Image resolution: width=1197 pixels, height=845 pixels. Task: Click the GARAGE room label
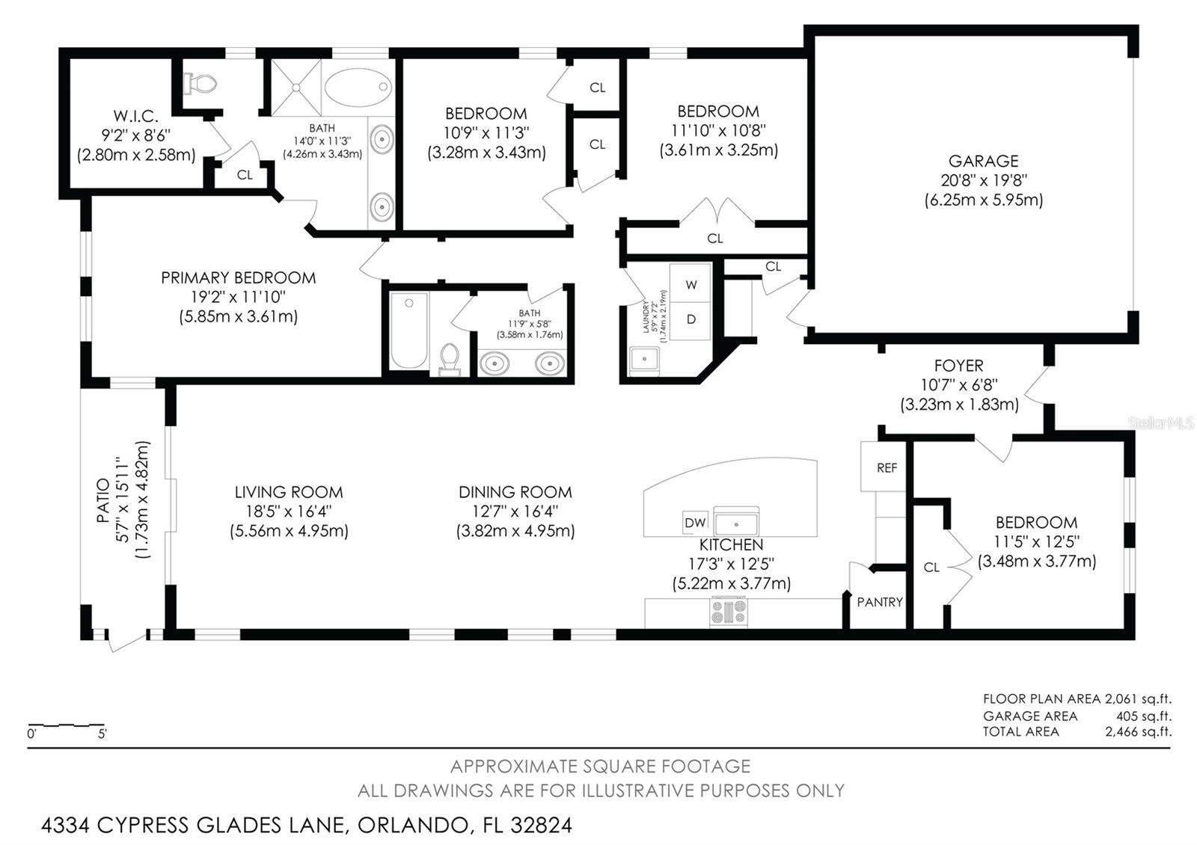(983, 161)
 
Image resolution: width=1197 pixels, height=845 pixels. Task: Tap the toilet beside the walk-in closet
(200, 83)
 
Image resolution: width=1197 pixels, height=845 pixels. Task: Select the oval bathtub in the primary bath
(358, 87)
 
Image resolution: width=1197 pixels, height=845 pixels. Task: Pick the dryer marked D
(691, 320)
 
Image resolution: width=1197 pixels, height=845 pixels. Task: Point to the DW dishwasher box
(695, 523)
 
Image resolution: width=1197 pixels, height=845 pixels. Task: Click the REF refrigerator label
(887, 468)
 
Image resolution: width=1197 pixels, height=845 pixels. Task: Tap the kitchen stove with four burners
(729, 612)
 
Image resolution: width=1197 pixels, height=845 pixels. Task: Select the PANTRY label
(880, 602)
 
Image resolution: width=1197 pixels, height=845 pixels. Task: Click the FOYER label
(958, 366)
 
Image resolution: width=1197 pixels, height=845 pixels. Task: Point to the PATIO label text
(102, 500)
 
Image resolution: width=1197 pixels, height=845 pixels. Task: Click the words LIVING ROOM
(289, 492)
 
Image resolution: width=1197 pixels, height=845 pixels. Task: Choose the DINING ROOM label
(515, 492)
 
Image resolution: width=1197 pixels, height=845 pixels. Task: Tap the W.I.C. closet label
(135, 116)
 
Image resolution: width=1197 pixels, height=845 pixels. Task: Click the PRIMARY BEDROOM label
(239, 277)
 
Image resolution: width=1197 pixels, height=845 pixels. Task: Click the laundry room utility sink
(644, 360)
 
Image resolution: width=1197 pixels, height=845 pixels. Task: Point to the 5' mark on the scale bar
(102, 734)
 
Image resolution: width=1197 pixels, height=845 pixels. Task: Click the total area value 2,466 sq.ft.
(1138, 732)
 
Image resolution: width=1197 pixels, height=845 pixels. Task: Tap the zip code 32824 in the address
(541, 826)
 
